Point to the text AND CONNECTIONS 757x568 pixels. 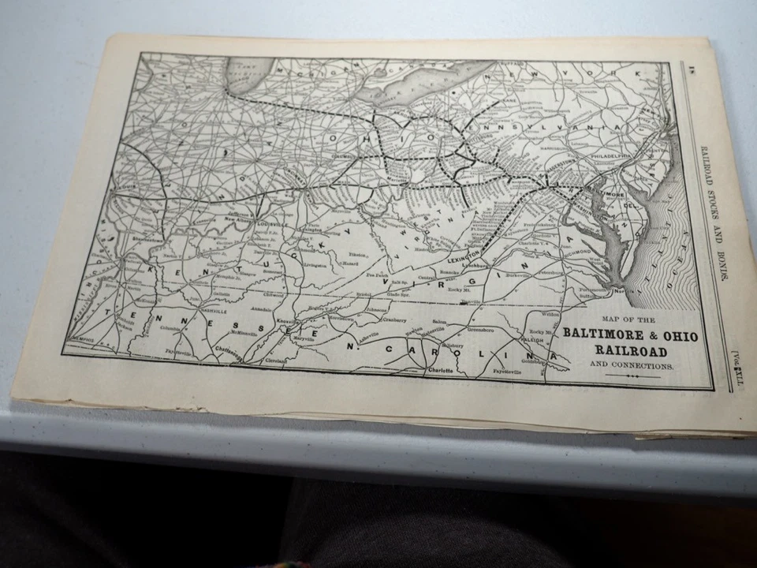point(632,366)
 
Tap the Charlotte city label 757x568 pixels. point(441,368)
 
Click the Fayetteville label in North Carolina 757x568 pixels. point(509,370)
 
